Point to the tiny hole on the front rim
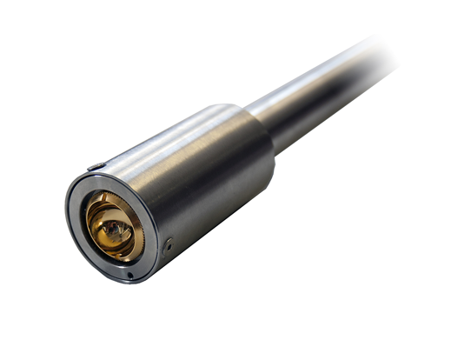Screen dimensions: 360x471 coord(129,277)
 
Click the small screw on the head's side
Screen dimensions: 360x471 coord(169,244)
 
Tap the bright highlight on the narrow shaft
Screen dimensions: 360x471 coord(304,83)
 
